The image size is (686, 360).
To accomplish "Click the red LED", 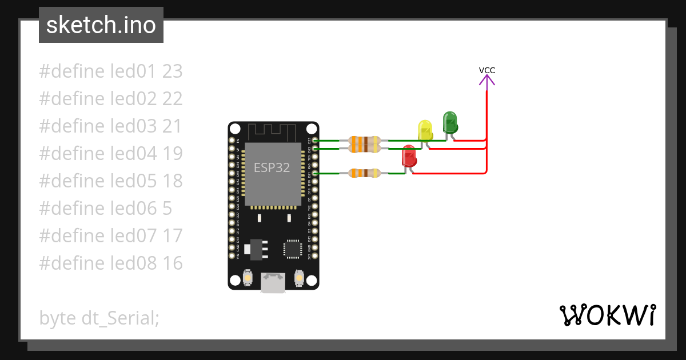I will (409, 156).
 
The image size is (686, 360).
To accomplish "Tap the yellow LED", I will (425, 130).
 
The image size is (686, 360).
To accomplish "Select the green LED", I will (450, 122).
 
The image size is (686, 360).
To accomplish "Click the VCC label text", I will (487, 70).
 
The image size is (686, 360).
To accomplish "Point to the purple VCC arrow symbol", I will (487, 81).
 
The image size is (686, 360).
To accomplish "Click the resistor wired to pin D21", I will (364, 173).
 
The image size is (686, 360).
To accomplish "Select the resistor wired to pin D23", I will (364, 140).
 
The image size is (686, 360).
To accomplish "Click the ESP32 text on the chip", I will (272, 168).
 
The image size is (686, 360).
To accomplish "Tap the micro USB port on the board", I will (273, 282).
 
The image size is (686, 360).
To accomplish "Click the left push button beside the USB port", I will (248, 278).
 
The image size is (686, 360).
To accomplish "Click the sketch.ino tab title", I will (101, 25).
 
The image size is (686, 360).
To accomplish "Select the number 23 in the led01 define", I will (172, 71).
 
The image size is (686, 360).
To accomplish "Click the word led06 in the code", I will (134, 208).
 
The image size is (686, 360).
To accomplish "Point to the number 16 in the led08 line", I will (172, 263).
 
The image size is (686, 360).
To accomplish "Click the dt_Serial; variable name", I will (120, 318).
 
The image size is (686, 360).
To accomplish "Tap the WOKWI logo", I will (608, 315).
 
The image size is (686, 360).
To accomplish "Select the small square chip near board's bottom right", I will (292, 249).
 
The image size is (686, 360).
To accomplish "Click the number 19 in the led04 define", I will (172, 153).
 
